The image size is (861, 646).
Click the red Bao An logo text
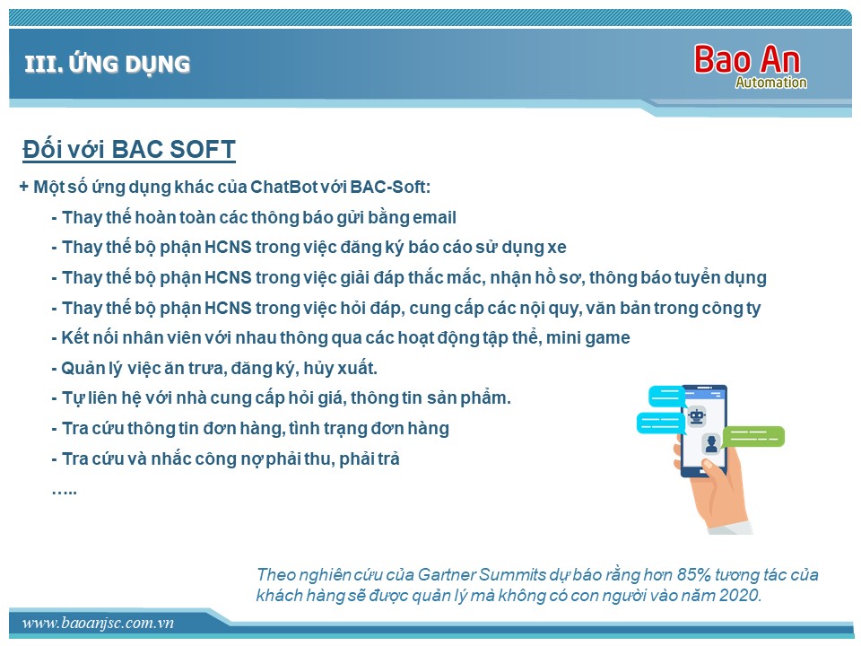pos(747,59)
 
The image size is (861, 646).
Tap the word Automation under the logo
pos(771,83)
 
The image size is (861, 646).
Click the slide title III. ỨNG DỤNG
pos(108,64)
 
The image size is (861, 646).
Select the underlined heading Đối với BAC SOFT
pos(129,150)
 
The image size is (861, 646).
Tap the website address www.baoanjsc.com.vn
pos(98,623)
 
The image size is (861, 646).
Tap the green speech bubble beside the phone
pos(753,437)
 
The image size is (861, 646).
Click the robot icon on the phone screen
pos(697,416)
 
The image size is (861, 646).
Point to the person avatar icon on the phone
pos(711,443)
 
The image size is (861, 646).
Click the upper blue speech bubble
pos(666,396)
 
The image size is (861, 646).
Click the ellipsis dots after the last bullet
pos(65,491)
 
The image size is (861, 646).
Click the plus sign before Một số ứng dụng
pos(23,187)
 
